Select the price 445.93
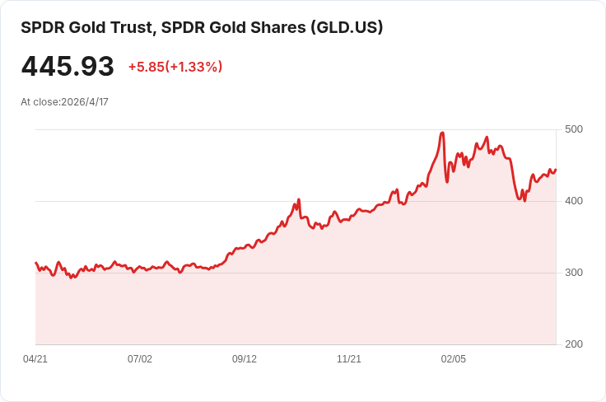(68, 67)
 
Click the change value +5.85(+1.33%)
(175, 67)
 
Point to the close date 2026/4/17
(85, 102)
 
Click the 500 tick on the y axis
(574, 129)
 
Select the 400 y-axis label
(574, 201)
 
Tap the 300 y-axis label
(574, 273)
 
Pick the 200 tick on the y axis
(574, 344)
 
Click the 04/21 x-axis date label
(35, 359)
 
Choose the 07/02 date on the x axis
(140, 359)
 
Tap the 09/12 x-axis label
(245, 359)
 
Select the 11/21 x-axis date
(349, 359)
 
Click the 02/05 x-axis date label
(454, 359)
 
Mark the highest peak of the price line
(443, 133)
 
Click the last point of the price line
(556, 170)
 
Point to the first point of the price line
(35, 263)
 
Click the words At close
(40, 102)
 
